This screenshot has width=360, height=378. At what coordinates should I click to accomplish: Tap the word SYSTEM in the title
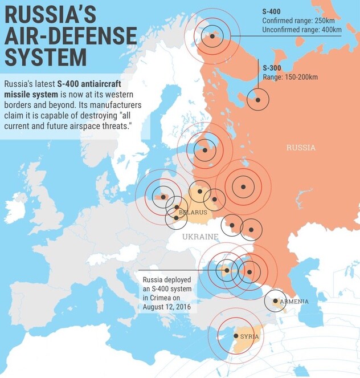(46, 57)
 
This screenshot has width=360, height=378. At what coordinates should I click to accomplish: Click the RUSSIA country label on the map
(301, 148)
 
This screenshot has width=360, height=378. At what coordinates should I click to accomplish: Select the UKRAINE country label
(200, 236)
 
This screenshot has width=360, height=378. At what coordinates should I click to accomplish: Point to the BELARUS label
(193, 213)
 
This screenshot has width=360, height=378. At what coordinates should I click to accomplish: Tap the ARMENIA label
(294, 301)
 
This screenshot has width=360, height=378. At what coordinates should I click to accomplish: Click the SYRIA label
(249, 337)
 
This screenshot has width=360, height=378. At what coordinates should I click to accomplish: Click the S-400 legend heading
(272, 11)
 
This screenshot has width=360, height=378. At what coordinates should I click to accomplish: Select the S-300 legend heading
(272, 67)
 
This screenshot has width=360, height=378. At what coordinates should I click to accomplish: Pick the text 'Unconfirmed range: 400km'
(301, 30)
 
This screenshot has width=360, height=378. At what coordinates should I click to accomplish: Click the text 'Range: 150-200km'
(289, 77)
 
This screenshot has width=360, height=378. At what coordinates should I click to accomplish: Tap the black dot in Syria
(236, 336)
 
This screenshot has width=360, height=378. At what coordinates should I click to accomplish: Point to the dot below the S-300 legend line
(258, 100)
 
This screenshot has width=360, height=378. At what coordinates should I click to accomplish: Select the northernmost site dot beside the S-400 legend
(212, 36)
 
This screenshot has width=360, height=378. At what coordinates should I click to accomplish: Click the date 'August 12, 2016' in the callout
(167, 307)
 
